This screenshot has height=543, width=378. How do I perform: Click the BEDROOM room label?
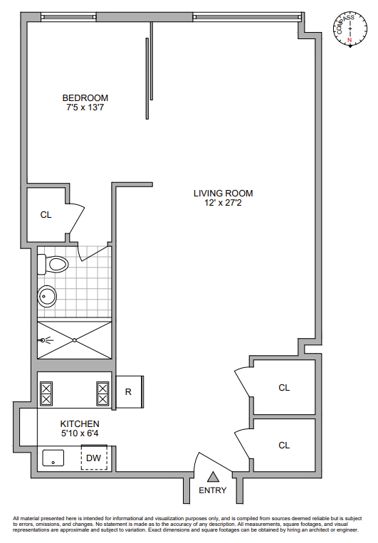click(85, 97)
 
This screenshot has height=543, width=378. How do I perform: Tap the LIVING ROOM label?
click(223, 193)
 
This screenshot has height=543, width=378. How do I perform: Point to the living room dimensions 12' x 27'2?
click(223, 203)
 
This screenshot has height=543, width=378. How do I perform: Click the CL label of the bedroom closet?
click(46, 214)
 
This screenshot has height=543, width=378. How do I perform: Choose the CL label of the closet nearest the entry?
click(284, 445)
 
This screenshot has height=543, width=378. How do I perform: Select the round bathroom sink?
click(48, 295)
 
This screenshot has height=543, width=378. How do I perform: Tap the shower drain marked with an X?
click(75, 339)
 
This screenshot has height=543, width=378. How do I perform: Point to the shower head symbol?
click(45, 339)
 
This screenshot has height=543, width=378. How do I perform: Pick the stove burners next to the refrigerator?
click(103, 394)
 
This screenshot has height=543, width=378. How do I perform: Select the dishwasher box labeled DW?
click(94, 458)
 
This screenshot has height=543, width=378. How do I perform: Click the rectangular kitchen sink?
click(54, 458)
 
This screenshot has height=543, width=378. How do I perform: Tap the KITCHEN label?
click(80, 423)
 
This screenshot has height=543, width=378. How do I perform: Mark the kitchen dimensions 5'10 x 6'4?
click(80, 433)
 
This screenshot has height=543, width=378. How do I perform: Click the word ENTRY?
click(212, 490)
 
